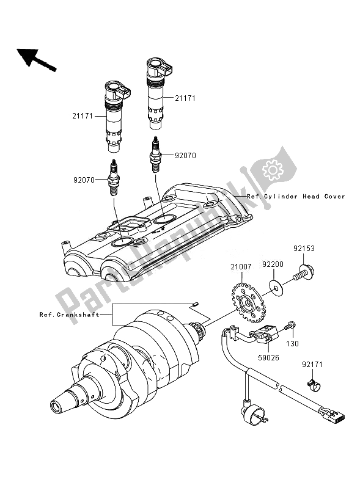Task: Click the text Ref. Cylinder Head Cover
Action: pos(296,197)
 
